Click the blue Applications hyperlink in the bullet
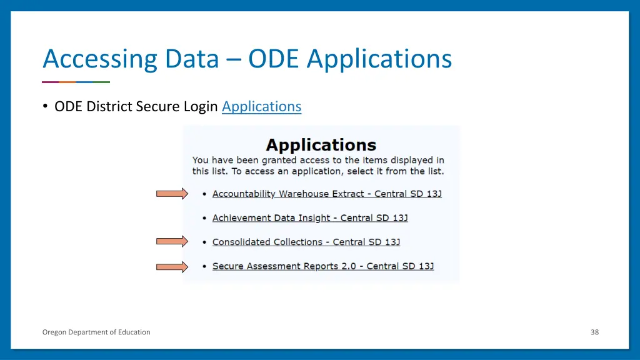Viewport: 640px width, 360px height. coord(261,107)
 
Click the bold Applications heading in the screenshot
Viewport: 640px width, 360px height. coord(321,146)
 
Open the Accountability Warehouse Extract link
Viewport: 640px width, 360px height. coord(327,194)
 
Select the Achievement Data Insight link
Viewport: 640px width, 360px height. coord(310,218)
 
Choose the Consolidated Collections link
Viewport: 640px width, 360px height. coord(306,242)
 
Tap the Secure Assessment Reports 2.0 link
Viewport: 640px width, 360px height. coord(323,266)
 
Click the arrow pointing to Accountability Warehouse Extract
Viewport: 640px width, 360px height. coord(172,194)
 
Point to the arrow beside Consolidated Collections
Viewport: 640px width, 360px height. coord(172,241)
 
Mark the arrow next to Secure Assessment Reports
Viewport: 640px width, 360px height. coord(172,267)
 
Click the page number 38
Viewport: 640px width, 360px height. coord(594,332)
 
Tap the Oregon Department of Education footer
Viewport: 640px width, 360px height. coord(96,332)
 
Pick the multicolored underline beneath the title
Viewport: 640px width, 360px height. coord(76,82)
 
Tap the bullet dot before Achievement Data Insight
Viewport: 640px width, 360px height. coord(204,218)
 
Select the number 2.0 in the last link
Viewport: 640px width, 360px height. coord(348,266)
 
